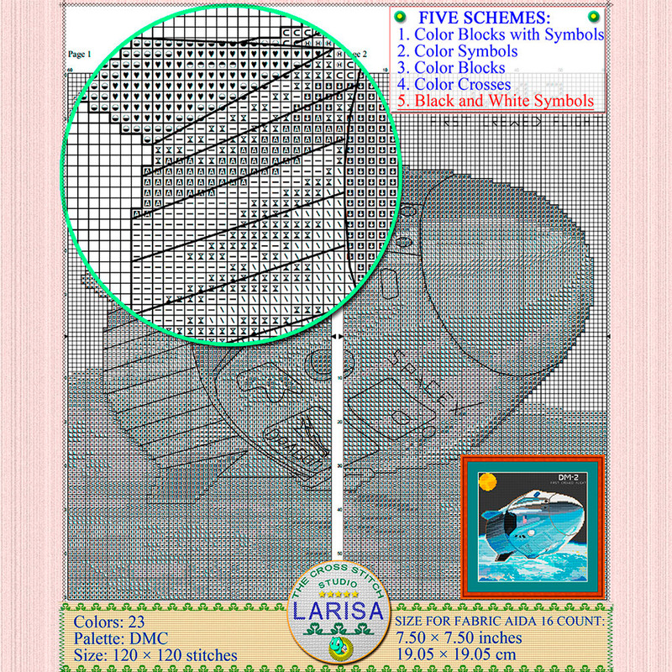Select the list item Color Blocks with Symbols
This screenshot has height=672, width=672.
coord(501,34)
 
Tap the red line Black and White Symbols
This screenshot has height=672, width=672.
coord(496,101)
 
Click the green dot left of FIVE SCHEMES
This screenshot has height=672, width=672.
coord(402,16)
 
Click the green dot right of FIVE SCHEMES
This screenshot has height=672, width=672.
coord(594,16)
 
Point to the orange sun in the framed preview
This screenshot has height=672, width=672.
coord(487,483)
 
